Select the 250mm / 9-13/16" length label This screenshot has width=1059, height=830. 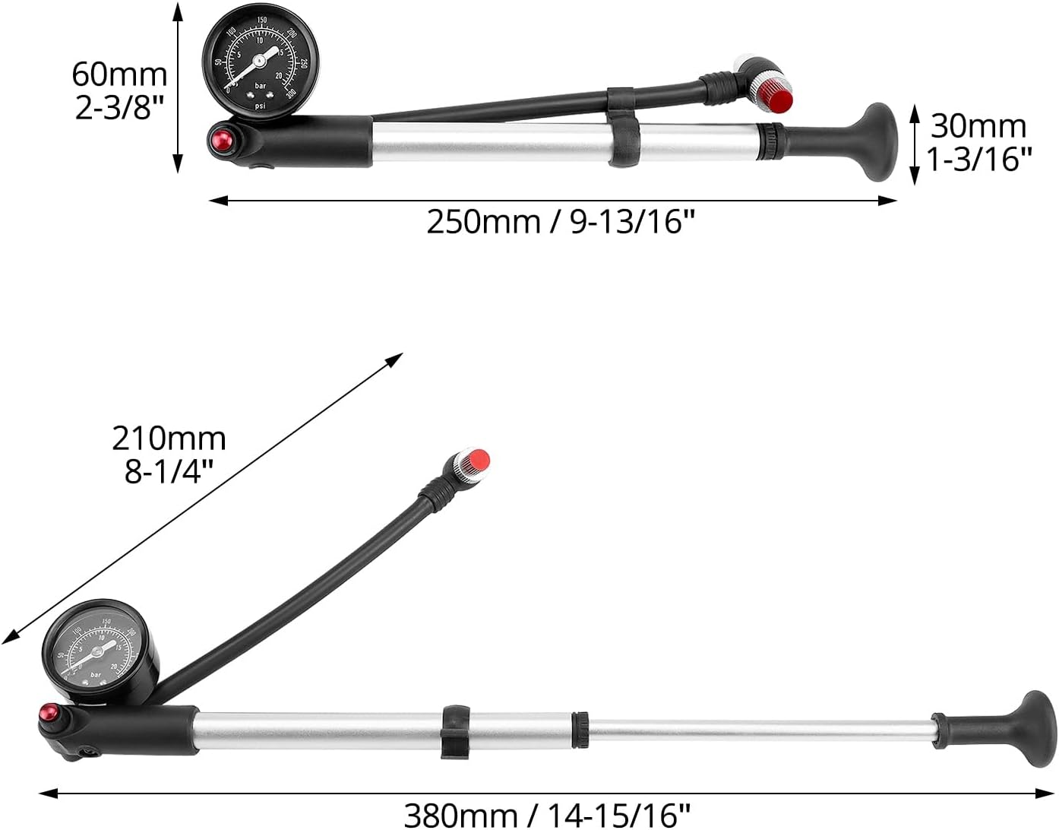click(x=561, y=223)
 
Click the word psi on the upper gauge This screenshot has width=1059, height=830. click(x=261, y=106)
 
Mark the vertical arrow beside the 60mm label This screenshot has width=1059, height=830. click(x=178, y=87)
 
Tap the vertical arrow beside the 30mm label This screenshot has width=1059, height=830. click(x=915, y=145)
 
